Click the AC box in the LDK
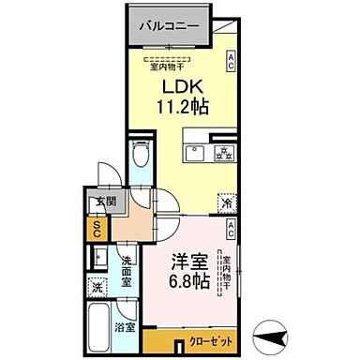230,63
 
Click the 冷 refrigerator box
226,201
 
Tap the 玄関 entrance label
101,202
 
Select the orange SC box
97,226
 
